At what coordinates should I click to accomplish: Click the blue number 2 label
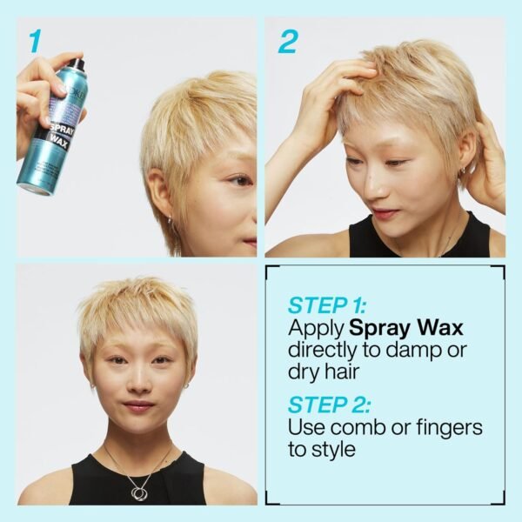(x=287, y=40)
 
